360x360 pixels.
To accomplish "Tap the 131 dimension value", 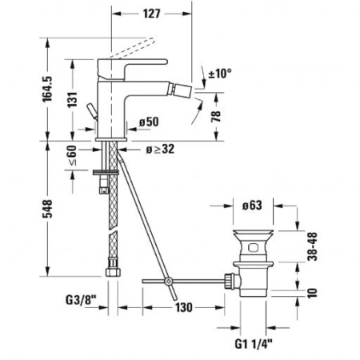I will tap(73, 99).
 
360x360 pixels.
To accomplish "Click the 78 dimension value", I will tap(214, 117).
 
